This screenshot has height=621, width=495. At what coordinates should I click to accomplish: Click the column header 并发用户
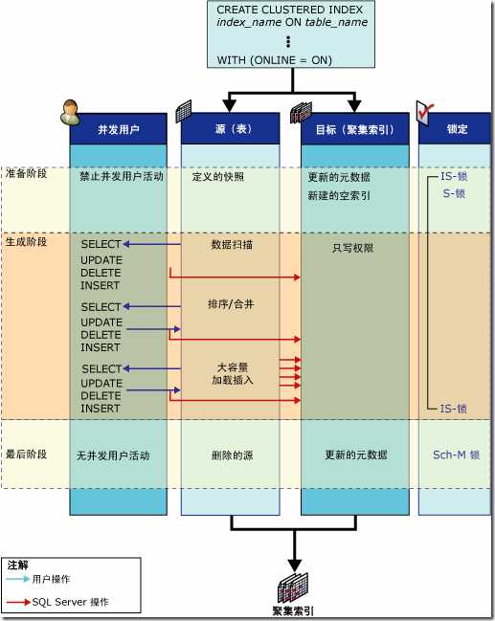118,129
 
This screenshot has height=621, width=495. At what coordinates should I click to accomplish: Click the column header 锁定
457,129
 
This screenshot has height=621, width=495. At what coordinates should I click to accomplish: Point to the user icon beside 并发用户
70,113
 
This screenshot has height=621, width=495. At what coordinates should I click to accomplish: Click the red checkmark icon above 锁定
427,112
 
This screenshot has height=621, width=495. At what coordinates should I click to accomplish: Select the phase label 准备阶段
26,174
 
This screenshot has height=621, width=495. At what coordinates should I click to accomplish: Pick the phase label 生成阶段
26,241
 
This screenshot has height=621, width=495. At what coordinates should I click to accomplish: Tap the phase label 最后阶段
26,455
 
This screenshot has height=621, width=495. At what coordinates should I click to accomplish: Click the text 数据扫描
232,244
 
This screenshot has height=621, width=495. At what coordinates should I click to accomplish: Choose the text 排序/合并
231,304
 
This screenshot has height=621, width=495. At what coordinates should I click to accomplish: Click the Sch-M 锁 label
455,455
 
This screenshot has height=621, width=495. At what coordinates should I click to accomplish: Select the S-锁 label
454,192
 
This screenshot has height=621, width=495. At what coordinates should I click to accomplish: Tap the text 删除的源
231,455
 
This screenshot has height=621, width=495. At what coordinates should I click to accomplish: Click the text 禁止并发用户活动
121,177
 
